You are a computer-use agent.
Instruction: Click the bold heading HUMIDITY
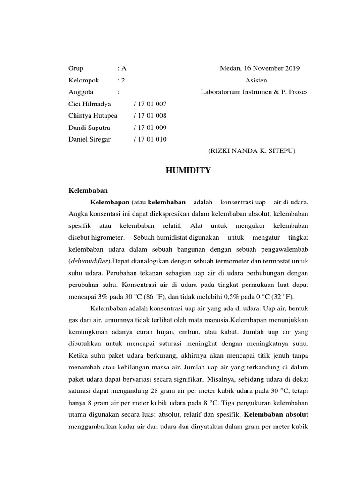(x=188, y=171)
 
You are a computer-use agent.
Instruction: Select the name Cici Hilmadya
(x=90, y=104)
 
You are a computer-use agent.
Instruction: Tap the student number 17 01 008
(x=150, y=115)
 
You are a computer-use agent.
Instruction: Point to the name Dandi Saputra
(x=89, y=127)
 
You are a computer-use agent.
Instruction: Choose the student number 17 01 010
(x=150, y=139)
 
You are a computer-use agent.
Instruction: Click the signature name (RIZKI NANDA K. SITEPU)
(x=252, y=151)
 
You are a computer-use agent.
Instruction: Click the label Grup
(x=76, y=68)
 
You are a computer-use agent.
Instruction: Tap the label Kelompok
(x=84, y=80)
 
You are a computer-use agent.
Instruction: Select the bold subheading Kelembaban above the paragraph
(x=88, y=191)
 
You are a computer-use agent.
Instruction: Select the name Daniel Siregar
(x=90, y=139)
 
